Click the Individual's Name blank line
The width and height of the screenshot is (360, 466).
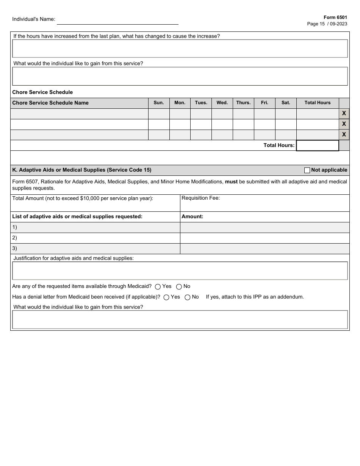coord(117,20)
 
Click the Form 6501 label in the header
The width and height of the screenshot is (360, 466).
coord(335,17)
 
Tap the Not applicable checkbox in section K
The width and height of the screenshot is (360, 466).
coord(307,170)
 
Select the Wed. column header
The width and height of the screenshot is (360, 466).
coord(222,103)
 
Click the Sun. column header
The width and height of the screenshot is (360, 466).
coord(159,103)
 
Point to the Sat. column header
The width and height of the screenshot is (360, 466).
coord(286,103)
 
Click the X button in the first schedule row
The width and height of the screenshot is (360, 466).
coord(344,113)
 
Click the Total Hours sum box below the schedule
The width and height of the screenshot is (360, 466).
coord(317,145)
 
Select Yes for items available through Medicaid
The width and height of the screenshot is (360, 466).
coord(158,287)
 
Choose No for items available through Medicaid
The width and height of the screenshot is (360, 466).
coord(179,287)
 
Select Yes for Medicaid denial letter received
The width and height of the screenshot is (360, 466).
coord(166,297)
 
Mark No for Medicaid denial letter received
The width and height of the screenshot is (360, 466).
coord(187,297)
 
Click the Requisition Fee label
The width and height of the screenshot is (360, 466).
coord(201,198)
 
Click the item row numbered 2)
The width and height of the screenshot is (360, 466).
coord(95,238)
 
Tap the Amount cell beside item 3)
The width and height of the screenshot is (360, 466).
coord(265,249)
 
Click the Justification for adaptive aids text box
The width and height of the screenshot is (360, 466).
coord(180,271)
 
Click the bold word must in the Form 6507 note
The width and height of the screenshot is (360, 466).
coord(231,181)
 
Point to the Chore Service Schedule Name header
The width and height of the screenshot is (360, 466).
coord(50,103)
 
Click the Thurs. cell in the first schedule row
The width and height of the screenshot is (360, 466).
coord(243,114)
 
